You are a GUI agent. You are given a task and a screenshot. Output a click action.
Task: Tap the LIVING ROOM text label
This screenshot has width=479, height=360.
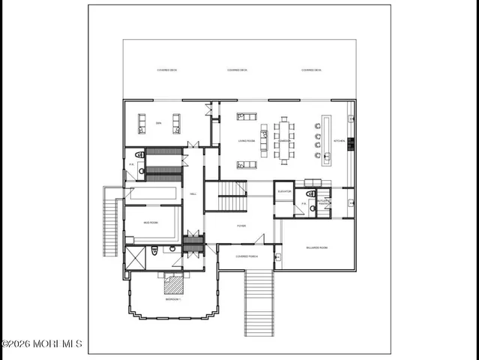pyautogui.click(x=247, y=140)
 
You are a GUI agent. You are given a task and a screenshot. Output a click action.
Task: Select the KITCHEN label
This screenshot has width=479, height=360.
pyautogui.click(x=338, y=140)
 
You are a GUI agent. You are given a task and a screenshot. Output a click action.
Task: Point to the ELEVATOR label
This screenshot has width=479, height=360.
pyautogui.click(x=284, y=191)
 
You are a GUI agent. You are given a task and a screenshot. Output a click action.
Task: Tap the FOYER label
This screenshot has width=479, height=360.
pyautogui.click(x=241, y=225)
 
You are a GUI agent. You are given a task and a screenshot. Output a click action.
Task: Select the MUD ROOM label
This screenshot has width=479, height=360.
pyautogui.click(x=149, y=223)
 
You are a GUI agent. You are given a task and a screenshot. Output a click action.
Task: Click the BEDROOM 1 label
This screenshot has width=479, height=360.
pyautogui.click(x=173, y=299)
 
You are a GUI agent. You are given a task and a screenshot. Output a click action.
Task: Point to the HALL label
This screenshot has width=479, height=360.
pyautogui.click(x=193, y=193)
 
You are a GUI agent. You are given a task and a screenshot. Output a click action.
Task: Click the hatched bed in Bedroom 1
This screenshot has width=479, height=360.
pyautogui.click(x=174, y=284)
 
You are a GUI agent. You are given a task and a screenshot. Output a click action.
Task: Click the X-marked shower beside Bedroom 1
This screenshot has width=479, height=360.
pyautogui.click(x=136, y=258)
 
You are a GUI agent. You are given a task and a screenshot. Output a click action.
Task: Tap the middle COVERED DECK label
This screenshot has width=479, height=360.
pyautogui.click(x=237, y=70)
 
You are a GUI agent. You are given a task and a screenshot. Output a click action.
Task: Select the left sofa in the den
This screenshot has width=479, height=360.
pyautogui.click(x=142, y=123)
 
